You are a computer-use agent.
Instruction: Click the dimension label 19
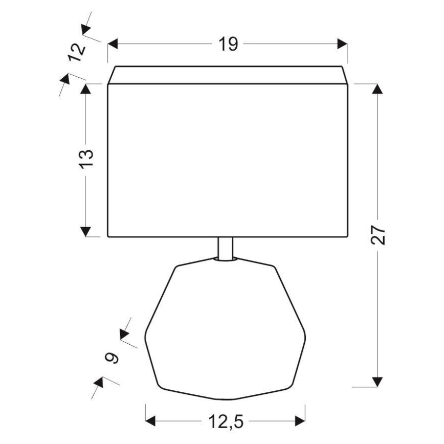pyautogui.click(x=229, y=44)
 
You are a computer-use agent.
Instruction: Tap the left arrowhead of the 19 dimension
pyautogui.click(x=113, y=44)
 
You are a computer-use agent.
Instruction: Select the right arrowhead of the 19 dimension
pyautogui.click(x=342, y=44)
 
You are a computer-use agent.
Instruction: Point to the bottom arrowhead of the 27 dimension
pyautogui.click(x=378, y=382)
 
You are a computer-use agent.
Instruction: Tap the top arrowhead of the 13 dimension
pyautogui.click(x=86, y=88)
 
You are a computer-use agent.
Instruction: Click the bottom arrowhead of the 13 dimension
pyautogui.click(x=86, y=231)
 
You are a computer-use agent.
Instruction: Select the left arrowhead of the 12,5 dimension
pyautogui.click(x=151, y=421)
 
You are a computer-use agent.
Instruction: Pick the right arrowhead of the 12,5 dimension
pyautogui.click(x=300, y=421)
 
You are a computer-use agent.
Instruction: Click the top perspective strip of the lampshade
pyautogui.click(x=228, y=75)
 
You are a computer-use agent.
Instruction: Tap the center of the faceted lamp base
pyautogui.click(x=226, y=330)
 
